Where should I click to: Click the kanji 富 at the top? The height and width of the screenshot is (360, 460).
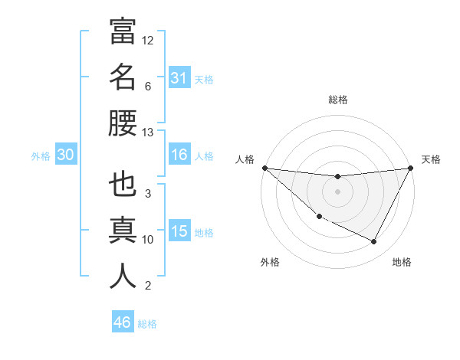(x=123, y=31)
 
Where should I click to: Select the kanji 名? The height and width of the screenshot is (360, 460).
(x=123, y=77)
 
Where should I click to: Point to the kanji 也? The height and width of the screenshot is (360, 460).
(x=123, y=185)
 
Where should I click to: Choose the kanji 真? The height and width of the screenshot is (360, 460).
(x=123, y=231)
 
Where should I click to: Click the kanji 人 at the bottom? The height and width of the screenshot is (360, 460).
(x=123, y=277)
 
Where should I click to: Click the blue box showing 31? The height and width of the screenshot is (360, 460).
(x=179, y=77)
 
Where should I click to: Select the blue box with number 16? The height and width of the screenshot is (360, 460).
(x=179, y=155)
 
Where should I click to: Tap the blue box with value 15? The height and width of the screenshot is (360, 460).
(x=179, y=231)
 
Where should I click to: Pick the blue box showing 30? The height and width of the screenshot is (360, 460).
(x=65, y=155)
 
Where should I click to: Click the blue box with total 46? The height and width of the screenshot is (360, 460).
(x=122, y=322)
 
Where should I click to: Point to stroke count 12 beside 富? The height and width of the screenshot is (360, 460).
(x=149, y=40)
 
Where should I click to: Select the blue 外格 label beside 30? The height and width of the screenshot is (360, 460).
(x=41, y=156)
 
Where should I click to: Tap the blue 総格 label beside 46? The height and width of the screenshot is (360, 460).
(x=147, y=324)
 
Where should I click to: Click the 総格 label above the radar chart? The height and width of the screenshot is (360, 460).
(x=338, y=100)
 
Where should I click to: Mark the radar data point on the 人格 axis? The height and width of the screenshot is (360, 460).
(x=264, y=168)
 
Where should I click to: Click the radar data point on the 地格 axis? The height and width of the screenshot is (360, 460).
(x=374, y=242)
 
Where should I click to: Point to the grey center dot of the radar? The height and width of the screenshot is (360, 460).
(x=337, y=191)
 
